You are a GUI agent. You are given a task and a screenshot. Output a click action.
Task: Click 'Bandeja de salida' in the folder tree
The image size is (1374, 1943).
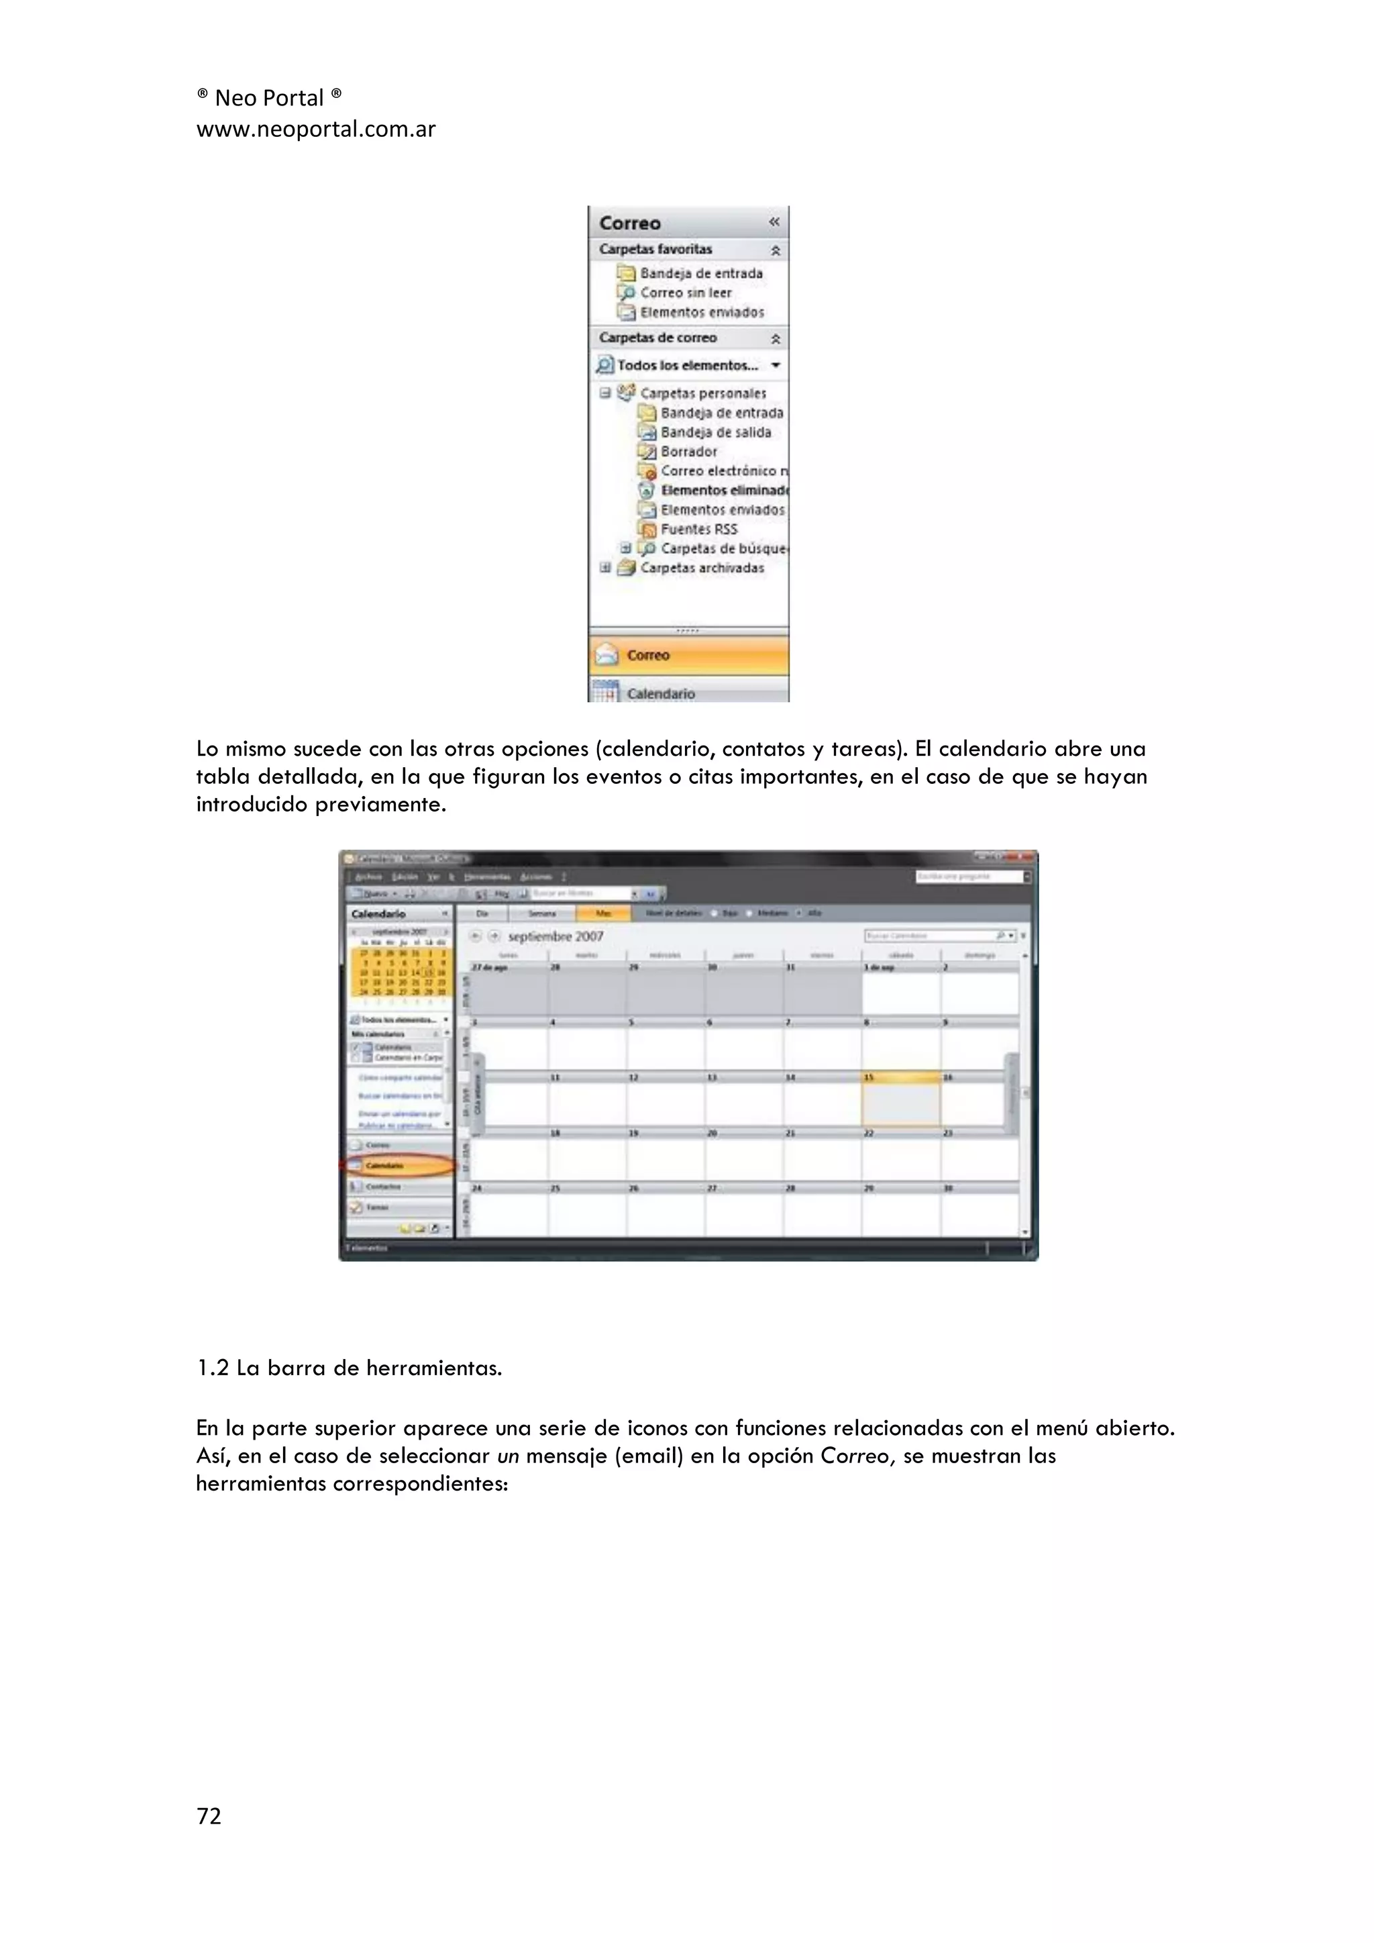[x=715, y=432]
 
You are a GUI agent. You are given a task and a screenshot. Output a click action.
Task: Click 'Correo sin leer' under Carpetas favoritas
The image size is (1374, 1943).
[x=685, y=293]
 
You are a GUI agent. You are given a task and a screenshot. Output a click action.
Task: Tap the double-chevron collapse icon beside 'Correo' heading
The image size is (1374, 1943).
[x=774, y=221]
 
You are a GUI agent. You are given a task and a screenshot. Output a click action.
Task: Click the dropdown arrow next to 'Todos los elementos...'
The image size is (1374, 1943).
[x=776, y=366]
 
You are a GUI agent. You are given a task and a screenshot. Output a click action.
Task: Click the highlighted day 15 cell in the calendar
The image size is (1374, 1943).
[x=900, y=1103]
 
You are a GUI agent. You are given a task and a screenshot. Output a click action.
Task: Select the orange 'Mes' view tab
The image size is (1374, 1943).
[x=603, y=913]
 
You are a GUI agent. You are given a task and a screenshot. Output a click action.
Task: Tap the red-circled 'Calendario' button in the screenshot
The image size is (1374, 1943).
[x=398, y=1166]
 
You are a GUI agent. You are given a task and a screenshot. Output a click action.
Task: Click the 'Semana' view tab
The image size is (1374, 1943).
[x=542, y=913]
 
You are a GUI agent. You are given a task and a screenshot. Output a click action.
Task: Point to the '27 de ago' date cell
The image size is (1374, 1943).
[x=508, y=990]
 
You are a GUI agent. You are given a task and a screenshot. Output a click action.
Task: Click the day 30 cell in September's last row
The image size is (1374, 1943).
[x=979, y=1212]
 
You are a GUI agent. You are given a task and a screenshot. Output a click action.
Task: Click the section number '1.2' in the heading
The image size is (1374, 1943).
[x=213, y=1368]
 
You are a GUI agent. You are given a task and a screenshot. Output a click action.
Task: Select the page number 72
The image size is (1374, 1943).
[x=208, y=1816]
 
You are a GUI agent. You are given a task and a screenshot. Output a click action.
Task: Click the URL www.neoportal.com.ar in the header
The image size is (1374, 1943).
[x=315, y=130]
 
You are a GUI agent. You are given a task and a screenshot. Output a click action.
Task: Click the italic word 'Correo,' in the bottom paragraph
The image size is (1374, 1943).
[x=857, y=1456]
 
